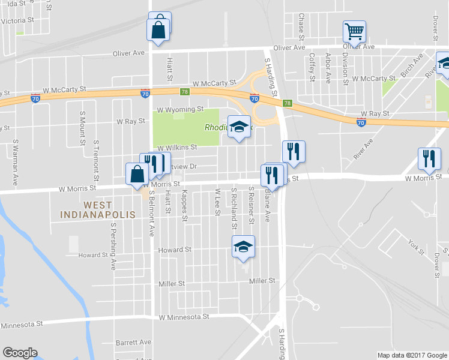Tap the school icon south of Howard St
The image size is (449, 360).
(x=243, y=247)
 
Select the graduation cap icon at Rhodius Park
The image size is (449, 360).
(x=239, y=127)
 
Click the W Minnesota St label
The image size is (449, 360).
(x=184, y=316)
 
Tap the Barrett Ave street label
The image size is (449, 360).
(x=133, y=342)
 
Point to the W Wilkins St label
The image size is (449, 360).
(x=177, y=147)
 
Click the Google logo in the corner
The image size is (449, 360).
(x=20, y=353)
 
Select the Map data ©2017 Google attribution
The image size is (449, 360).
(x=412, y=355)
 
